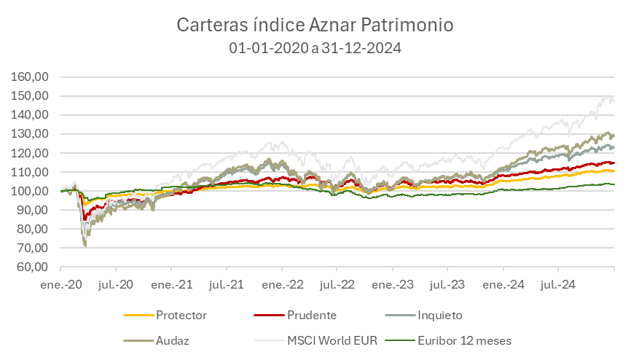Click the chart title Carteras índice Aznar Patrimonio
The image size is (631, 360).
315,25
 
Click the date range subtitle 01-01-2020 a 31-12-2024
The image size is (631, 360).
315,48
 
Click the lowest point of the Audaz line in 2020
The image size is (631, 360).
85,246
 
